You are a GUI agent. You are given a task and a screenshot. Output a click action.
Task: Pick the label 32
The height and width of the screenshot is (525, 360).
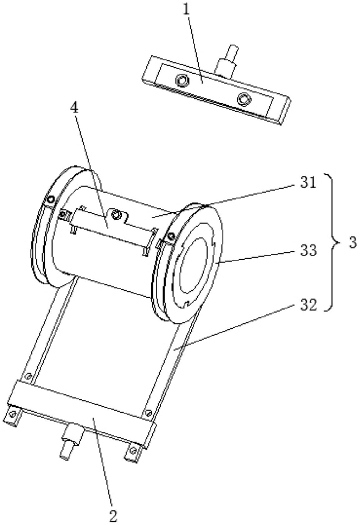[309, 305]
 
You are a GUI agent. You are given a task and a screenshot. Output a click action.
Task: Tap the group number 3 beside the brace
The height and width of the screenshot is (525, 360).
[352, 243]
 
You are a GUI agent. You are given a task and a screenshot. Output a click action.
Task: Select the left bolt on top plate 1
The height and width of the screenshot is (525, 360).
[182, 80]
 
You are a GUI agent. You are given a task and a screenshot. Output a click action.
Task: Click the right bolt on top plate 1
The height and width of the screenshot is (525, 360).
[244, 99]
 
